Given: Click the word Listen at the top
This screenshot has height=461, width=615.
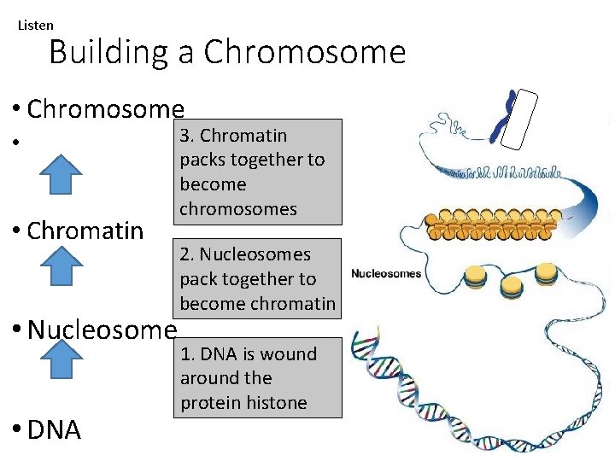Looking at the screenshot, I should coord(36,26).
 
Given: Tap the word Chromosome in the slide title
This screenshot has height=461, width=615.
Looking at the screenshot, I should coord(305,53).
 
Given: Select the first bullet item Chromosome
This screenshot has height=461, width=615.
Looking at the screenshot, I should coord(105,109).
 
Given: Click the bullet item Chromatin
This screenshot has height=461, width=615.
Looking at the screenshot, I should coord(85,230).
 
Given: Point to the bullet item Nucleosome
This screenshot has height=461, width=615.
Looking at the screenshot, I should coord(102,330).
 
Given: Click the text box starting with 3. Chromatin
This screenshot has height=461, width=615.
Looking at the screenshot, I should coord(258,172).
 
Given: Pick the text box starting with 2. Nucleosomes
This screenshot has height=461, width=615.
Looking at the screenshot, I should coord(258,278).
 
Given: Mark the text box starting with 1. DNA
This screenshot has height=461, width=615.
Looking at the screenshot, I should coord(258,377).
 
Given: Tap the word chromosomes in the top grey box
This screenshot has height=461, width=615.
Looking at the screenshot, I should coord(238,209).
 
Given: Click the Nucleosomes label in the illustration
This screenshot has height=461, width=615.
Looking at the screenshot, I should coord(386,273).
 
